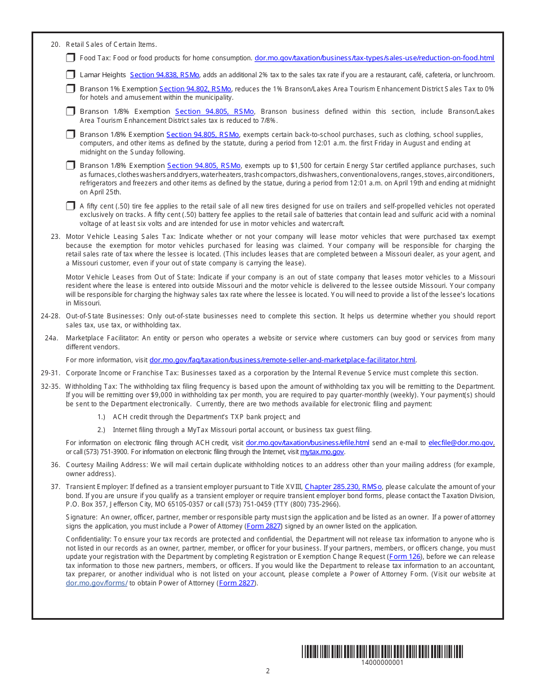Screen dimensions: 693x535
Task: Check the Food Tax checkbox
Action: [x=70, y=57]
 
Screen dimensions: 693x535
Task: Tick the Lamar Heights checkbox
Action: [x=70, y=74]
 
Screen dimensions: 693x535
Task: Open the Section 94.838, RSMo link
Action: [x=164, y=75]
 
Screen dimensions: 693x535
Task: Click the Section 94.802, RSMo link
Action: [x=195, y=89]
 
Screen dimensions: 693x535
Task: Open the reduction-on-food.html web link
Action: [x=374, y=58]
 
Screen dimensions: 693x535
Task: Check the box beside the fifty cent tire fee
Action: [x=70, y=206]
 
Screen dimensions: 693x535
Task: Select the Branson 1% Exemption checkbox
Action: [x=70, y=88]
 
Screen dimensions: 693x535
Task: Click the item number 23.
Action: [x=55, y=237]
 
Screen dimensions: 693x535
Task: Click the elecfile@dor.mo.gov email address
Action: [x=461, y=443]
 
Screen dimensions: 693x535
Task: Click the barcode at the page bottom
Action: [x=382, y=652]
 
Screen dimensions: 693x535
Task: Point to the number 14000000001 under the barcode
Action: [x=382, y=663]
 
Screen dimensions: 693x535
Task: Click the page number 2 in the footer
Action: [x=267, y=671]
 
